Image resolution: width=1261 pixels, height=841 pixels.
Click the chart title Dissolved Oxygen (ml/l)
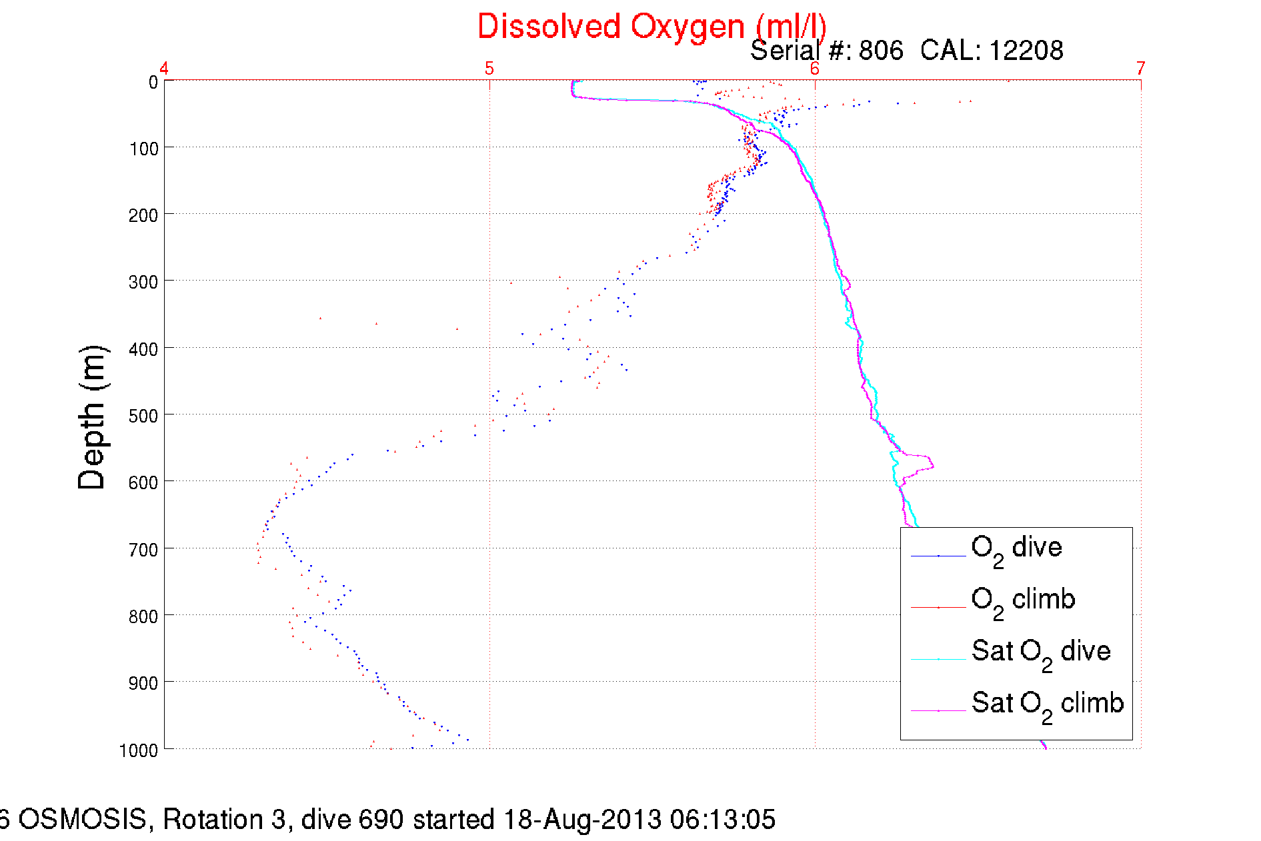point(652,27)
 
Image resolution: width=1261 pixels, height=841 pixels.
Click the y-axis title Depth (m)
point(92,418)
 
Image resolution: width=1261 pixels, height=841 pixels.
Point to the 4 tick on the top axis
point(164,69)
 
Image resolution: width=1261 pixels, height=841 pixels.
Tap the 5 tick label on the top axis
point(489,69)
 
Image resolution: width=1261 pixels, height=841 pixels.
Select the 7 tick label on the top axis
point(1141,69)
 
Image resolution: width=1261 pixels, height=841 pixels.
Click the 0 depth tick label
point(153,83)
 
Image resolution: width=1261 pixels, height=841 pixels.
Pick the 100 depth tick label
point(144,149)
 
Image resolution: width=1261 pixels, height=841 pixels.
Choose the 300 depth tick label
point(144,283)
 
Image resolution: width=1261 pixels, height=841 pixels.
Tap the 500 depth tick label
point(144,416)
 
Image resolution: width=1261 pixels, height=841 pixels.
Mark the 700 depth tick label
point(144,550)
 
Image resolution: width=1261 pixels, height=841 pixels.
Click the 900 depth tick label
point(144,683)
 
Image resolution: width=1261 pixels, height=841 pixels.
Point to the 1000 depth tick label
point(139,750)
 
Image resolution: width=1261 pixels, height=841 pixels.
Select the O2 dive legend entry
point(1016,548)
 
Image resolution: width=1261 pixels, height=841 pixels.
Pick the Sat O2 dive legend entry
point(1040,652)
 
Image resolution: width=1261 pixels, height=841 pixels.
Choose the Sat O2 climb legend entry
point(1047,704)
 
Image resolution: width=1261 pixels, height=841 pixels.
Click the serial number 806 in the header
point(881,51)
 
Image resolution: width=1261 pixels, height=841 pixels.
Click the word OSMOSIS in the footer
point(82,820)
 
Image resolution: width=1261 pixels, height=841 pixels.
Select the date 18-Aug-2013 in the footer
point(582,820)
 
